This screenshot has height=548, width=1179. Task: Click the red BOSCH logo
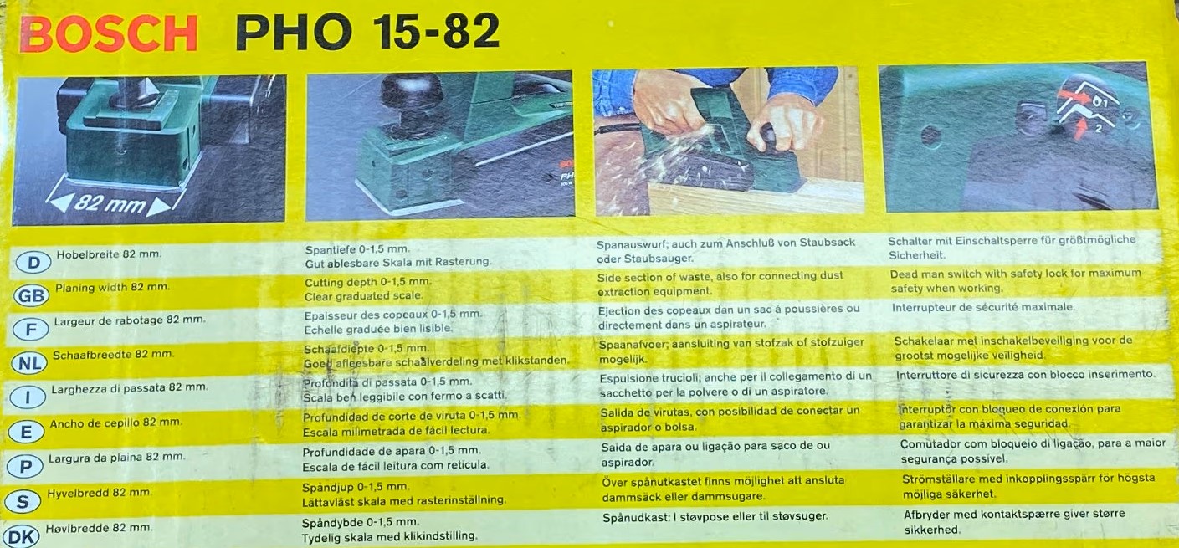109,33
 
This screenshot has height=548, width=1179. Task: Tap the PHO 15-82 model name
367,32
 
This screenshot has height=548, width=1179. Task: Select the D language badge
33,262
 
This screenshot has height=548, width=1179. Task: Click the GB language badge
31,296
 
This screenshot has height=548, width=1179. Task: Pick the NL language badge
29,363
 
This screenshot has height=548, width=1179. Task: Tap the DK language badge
22,537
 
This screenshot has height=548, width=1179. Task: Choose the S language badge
23,502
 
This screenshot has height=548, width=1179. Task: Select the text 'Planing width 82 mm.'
113,288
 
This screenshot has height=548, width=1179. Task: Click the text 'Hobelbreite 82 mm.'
109,254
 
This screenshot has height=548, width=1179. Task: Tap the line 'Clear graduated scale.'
364,296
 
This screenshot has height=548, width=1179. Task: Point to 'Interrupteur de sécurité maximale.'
983,307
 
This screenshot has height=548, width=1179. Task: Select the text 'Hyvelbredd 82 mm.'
99,493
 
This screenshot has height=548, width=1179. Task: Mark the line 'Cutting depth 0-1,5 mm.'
368,282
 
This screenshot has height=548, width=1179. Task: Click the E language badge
26,433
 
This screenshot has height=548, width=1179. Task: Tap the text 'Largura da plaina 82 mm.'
117,457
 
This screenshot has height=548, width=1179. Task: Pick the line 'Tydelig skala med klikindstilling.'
389,537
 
